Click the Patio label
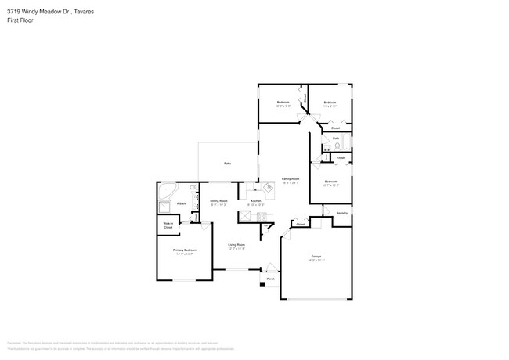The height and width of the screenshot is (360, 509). [x=227, y=164]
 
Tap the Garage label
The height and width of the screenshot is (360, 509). [x=316, y=256]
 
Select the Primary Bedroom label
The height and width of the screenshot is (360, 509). [x=185, y=250]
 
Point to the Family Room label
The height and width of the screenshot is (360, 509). [x=291, y=179]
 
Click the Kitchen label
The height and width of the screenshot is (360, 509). [x=255, y=201]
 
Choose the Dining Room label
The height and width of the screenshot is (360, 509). [x=218, y=201]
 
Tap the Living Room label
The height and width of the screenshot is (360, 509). [x=236, y=245]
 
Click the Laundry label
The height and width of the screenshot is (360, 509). [x=341, y=213]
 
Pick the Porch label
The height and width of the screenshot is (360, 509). [x=271, y=279]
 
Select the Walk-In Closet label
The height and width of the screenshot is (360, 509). [x=168, y=225]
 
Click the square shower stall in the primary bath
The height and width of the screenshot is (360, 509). [x=165, y=207]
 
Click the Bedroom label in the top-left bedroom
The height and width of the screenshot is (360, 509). [x=283, y=103]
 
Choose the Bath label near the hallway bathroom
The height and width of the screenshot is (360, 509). [x=335, y=138]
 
